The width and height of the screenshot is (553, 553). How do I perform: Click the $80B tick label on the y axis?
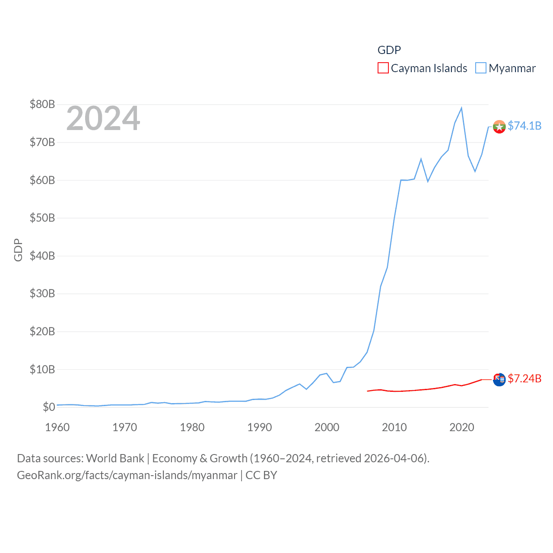tap(42, 104)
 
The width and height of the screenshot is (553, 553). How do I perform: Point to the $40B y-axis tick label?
tap(42, 256)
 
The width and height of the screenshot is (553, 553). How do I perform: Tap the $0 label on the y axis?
tap(49, 407)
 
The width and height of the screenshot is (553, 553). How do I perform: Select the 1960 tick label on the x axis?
tap(57, 427)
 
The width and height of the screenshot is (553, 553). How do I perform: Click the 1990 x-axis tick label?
tap(260, 427)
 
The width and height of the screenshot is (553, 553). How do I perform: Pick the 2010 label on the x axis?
tap(394, 427)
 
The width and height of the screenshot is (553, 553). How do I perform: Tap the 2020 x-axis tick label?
tap(462, 427)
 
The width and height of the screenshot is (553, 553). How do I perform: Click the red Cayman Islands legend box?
tap(383, 68)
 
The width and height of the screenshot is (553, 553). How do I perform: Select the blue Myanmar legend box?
tap(481, 68)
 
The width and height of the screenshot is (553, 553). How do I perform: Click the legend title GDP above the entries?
tap(389, 50)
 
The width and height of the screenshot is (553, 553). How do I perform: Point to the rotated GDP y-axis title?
tap(18, 250)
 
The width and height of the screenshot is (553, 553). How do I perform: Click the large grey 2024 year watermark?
tap(103, 118)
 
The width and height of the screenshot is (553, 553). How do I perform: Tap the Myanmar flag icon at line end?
tap(499, 127)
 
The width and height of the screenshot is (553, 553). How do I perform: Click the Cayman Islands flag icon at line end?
tap(499, 379)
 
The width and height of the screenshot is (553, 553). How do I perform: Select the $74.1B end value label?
tap(524, 126)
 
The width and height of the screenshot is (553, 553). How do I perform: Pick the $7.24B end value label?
tap(524, 379)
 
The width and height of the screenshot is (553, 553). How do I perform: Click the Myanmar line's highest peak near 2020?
tap(461, 108)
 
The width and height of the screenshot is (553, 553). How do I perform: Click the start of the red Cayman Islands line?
tap(368, 391)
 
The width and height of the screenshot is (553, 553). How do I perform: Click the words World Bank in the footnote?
tap(115, 458)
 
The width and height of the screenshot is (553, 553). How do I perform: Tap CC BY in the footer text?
tap(261, 475)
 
